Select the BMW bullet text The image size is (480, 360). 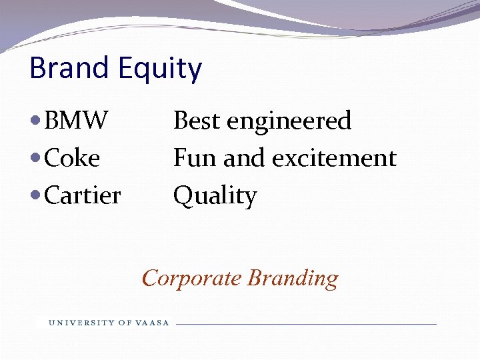coord(76,121)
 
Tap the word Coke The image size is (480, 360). coord(72,158)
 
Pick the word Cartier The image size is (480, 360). coord(82,195)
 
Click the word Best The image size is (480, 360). coord(197,121)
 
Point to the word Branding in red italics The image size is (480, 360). coord(293,277)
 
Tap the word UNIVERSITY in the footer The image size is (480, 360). coord(81,323)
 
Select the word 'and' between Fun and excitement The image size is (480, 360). coord(239,158)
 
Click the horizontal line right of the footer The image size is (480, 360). coord(307,324)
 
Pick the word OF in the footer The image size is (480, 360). coord(125,323)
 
